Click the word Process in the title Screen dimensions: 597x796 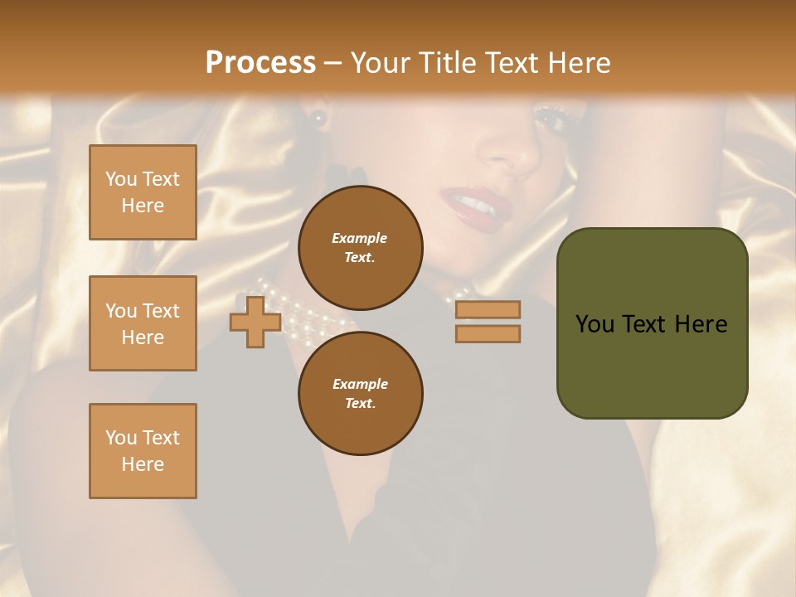pyautogui.click(x=260, y=63)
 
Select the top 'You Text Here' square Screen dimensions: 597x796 pyautogui.click(x=143, y=192)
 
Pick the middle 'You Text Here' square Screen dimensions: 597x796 pyautogui.click(x=143, y=323)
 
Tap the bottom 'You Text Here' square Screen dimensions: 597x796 pyautogui.click(x=143, y=451)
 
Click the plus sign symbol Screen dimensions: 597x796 pyautogui.click(x=255, y=321)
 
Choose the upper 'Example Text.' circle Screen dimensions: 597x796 pyautogui.click(x=360, y=248)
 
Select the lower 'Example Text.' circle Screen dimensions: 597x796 pyautogui.click(x=360, y=394)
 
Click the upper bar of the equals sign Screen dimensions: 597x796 pyautogui.click(x=488, y=309)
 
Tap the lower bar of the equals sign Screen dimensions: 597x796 pyautogui.click(x=488, y=333)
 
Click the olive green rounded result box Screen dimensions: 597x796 pyautogui.click(x=652, y=323)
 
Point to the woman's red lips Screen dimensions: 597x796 pyautogui.click(x=471, y=203)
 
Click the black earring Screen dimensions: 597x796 pyautogui.click(x=318, y=118)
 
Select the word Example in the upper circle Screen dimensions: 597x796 pyautogui.click(x=359, y=238)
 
